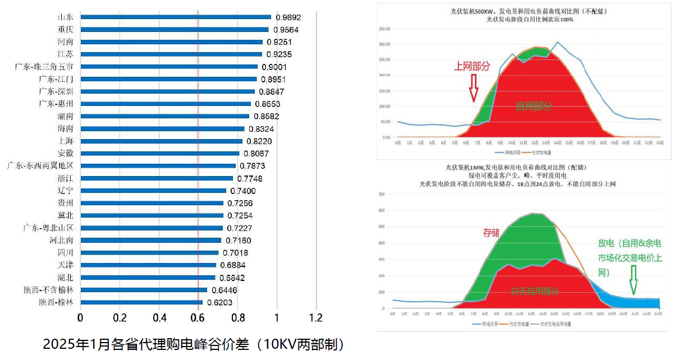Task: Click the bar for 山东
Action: [x=176, y=17]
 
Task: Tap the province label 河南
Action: [x=65, y=42]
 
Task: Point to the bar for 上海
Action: [x=162, y=141]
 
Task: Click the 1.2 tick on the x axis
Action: [x=316, y=318]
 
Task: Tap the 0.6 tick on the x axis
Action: [x=198, y=318]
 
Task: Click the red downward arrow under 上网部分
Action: [x=474, y=89]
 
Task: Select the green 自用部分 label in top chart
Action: [x=534, y=106]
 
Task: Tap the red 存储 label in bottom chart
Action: [x=491, y=233]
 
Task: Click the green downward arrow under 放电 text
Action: [x=634, y=280]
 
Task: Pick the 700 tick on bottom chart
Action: [x=381, y=195]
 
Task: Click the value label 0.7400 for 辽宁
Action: [x=243, y=191]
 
